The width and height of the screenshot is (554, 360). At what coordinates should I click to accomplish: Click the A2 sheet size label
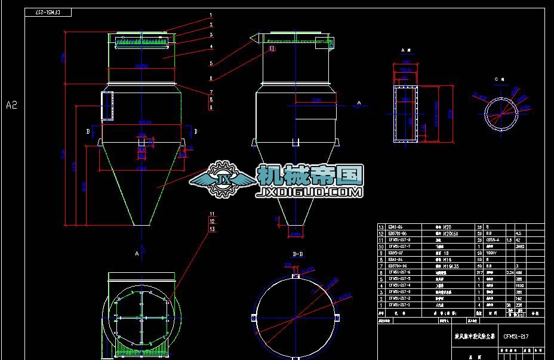click(x=12, y=105)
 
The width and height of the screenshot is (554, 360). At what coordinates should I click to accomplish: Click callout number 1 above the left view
click(x=211, y=15)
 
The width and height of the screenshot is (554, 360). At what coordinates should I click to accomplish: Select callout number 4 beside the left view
click(x=211, y=47)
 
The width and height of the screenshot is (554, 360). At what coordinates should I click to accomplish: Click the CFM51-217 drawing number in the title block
click(x=516, y=337)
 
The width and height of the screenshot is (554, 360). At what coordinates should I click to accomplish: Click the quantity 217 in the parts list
click(x=479, y=272)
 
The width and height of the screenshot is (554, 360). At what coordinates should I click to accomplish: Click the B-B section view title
click(x=296, y=254)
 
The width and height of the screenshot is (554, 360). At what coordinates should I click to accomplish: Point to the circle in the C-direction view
click(x=501, y=112)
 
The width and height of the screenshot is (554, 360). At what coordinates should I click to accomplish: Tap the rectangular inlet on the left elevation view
click(x=107, y=106)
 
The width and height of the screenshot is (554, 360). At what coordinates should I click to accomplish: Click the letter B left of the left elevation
click(x=88, y=130)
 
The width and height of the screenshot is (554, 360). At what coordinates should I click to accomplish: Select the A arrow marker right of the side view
click(x=359, y=103)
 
